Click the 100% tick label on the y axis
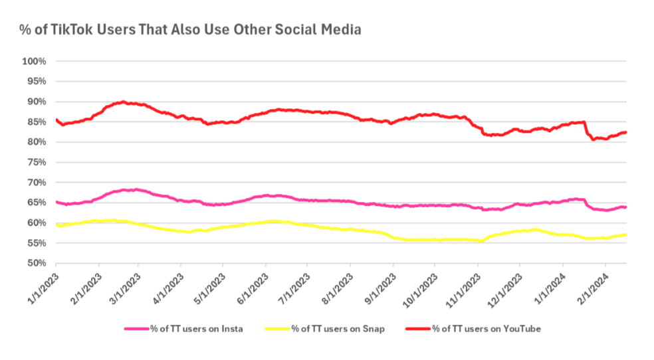tap(34, 61)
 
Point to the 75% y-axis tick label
tap(36, 162)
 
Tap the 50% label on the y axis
tap(36, 263)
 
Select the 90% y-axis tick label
tap(36, 102)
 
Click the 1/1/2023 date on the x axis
tap(42, 286)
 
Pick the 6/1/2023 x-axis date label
tap(252, 286)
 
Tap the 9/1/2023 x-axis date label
tap(380, 286)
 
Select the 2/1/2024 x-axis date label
tap(591, 286)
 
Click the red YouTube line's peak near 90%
tap(123, 102)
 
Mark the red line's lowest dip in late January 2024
tap(593, 139)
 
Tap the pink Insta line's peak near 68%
tap(136, 189)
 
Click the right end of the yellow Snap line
tap(626, 234)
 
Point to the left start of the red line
tap(56, 120)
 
